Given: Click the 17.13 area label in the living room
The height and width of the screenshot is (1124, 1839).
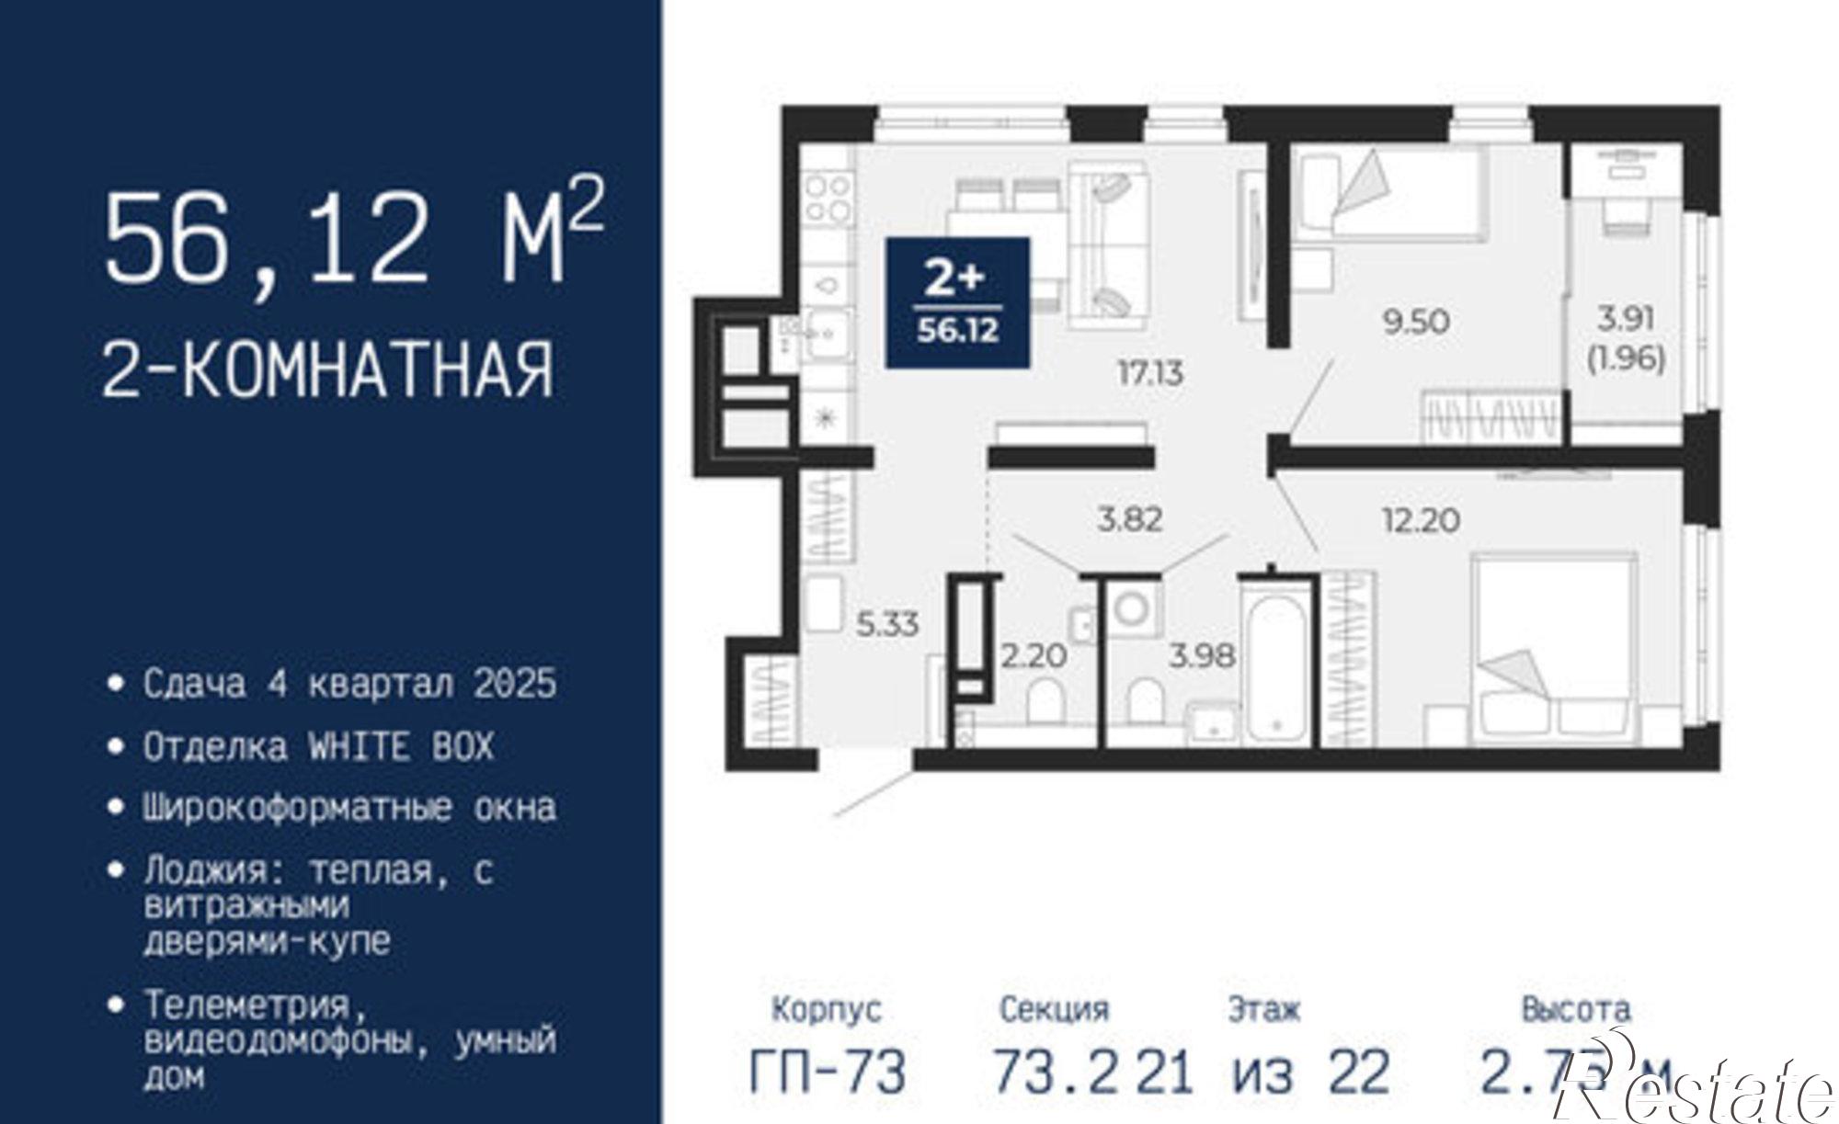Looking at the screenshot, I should point(1150,374).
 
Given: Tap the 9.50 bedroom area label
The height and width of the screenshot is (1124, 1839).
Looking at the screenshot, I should point(1416,322).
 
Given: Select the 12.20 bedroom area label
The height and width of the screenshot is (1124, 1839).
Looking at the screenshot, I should point(1421,520).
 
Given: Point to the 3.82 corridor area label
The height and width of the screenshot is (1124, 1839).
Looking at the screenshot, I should point(1130,519).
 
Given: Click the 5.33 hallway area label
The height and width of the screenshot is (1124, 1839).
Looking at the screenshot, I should point(887,625).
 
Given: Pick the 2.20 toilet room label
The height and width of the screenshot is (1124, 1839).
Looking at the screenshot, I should point(1034,655).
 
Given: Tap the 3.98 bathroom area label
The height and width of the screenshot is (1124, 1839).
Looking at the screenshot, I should point(1202,656).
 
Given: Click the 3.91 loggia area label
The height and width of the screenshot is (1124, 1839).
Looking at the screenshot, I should point(1626,319).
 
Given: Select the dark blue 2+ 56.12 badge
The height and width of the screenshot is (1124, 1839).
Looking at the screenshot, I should point(957,302).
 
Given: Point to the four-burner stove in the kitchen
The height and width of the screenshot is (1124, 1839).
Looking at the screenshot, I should point(828,199).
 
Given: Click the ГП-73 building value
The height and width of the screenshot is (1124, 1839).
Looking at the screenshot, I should point(828,1073).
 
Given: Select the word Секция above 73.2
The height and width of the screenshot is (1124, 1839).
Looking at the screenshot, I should point(1054,1010).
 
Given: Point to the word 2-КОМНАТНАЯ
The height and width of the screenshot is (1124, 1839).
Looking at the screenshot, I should point(328,369).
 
